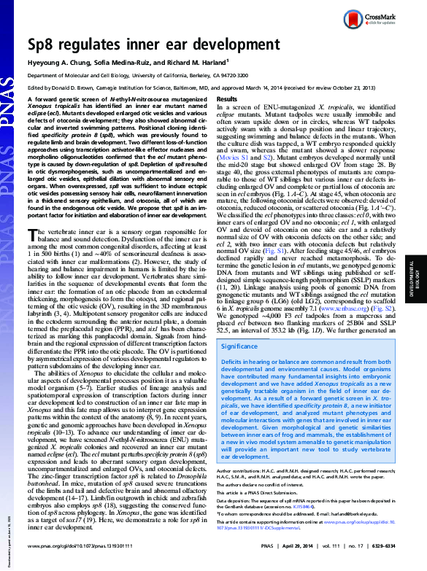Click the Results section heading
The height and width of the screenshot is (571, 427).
(227, 99)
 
